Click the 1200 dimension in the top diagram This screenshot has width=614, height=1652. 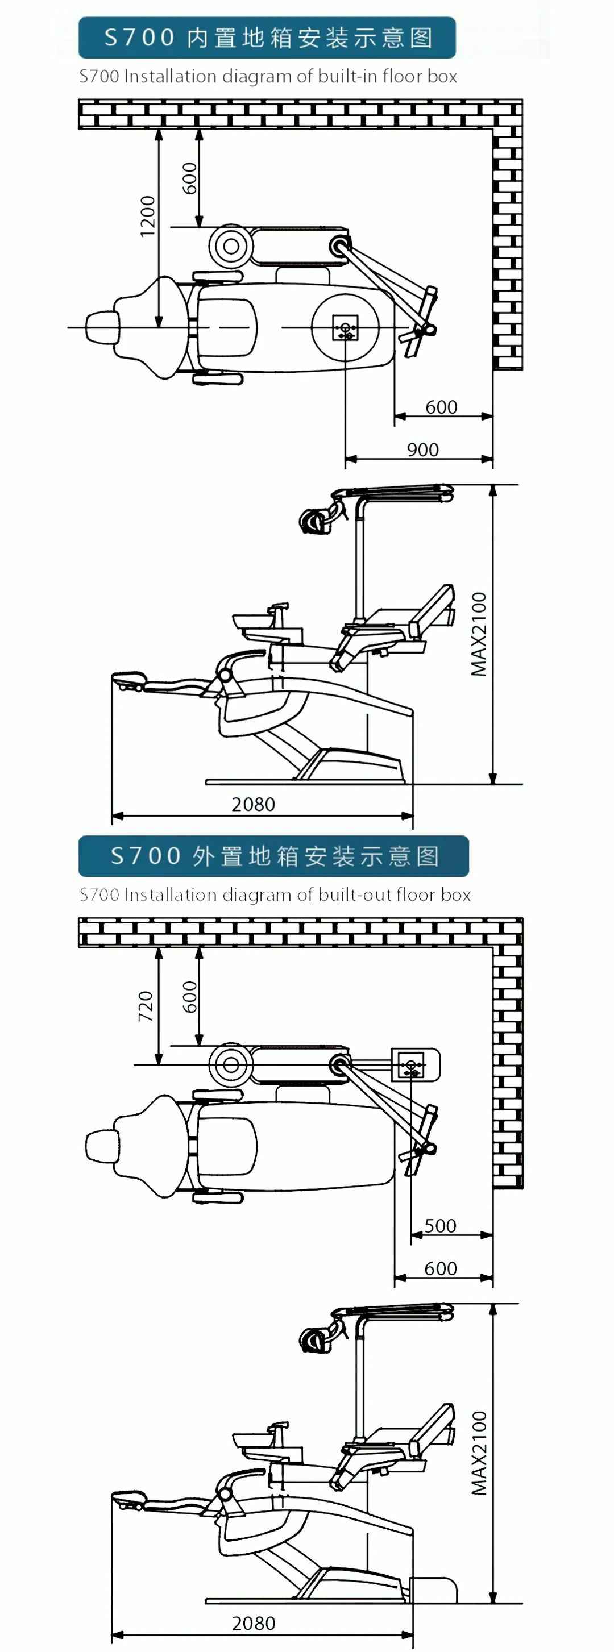148,216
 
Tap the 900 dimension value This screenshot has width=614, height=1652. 423,450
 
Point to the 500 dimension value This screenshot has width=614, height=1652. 440,1226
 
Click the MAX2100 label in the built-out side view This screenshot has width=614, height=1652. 479,1453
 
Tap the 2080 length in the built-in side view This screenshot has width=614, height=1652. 253,804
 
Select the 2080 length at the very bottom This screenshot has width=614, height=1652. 253,1623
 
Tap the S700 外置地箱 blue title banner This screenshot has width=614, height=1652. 273,856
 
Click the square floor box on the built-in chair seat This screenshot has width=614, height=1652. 345,328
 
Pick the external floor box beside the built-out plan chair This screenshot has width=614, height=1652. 414,1065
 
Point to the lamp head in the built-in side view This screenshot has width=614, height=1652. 314,520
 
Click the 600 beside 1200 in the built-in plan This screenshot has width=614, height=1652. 190,178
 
